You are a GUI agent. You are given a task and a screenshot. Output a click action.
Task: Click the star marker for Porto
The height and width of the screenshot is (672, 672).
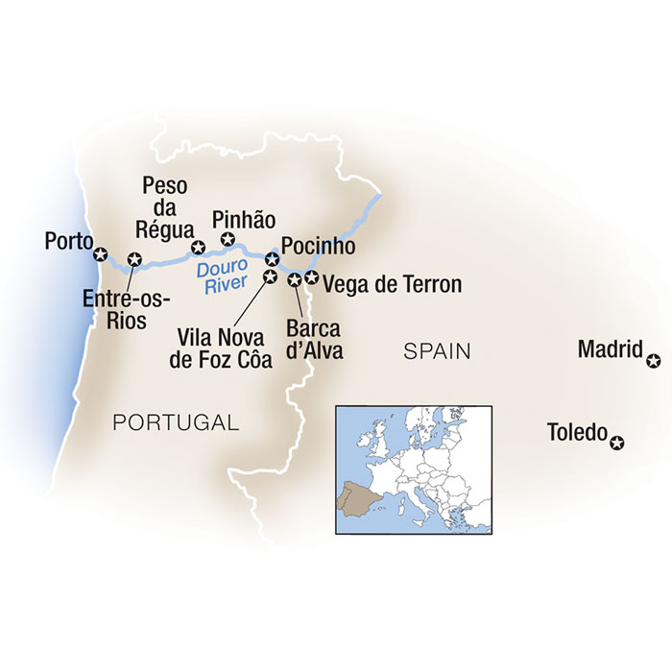100,254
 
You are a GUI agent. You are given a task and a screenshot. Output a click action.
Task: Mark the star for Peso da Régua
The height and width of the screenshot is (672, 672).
200,247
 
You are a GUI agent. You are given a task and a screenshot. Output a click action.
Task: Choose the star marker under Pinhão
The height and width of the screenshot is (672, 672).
228,238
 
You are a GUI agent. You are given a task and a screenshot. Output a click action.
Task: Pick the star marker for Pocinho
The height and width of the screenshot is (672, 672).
272,258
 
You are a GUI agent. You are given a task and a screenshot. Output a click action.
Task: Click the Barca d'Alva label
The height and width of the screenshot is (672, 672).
313,339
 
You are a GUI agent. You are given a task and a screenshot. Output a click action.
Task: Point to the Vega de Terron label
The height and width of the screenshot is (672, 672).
393,284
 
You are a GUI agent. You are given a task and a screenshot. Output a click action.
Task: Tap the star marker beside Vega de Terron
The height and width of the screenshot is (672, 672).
310,278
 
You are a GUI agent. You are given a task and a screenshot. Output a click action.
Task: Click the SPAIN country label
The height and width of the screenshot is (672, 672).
437,352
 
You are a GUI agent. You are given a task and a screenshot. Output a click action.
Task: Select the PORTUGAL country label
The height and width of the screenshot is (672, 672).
175,421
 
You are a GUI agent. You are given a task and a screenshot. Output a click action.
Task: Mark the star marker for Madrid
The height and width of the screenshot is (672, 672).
654,362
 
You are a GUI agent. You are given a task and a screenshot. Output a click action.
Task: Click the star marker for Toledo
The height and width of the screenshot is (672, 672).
617,443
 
